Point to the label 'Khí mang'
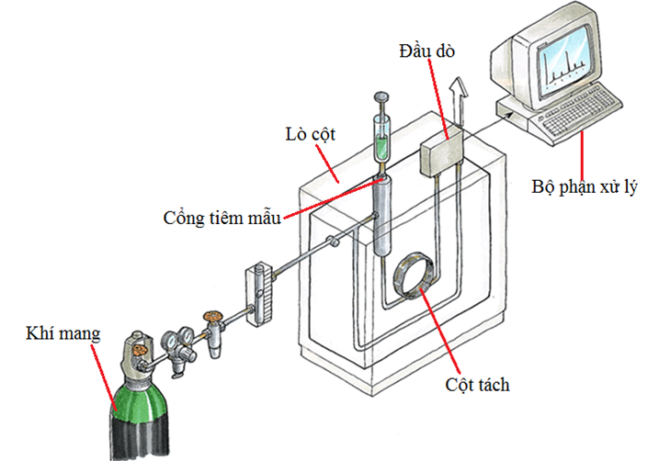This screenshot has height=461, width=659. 62,332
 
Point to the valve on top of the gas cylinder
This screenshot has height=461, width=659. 139,349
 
